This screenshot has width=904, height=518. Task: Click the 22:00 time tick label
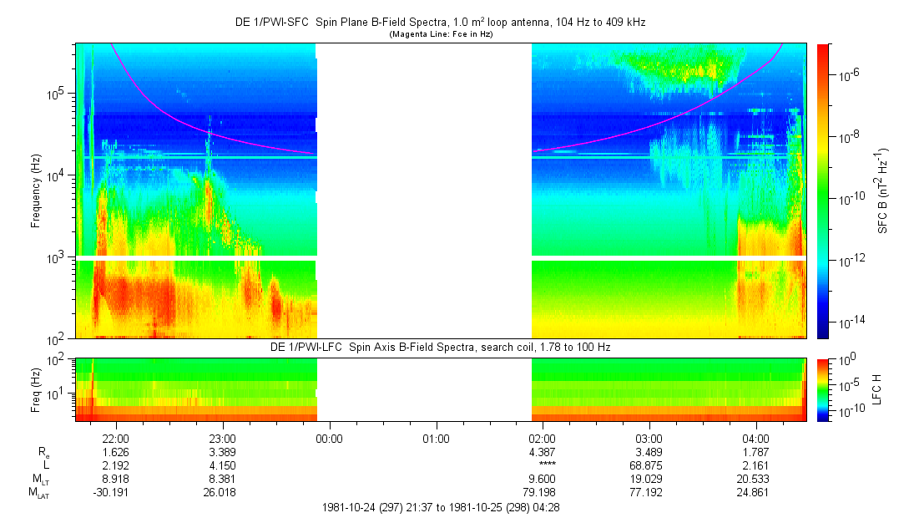point(115,439)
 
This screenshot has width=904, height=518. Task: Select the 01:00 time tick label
point(436,439)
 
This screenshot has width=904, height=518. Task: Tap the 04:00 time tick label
point(755,439)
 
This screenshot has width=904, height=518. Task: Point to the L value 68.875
point(649,465)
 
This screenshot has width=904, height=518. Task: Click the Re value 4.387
point(542,452)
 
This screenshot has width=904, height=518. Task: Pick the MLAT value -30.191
point(114,493)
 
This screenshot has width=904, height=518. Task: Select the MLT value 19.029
point(649,479)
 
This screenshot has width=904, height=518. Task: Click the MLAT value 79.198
point(542,493)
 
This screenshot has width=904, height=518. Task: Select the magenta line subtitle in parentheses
point(442,34)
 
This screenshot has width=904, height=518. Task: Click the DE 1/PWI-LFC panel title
point(441,347)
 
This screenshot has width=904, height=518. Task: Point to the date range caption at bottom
point(441,507)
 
